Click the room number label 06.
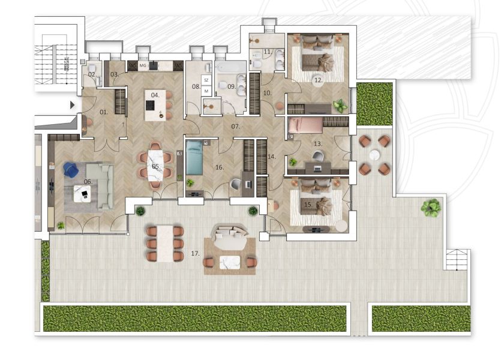[88, 182]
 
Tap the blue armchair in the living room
[71, 169]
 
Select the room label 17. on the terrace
[195, 254]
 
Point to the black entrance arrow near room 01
[73, 105]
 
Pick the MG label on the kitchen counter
[143, 65]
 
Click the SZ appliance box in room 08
[206, 80]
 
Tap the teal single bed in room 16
[194, 157]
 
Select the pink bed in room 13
[305, 125]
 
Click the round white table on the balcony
[374, 155]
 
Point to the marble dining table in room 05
[155, 166]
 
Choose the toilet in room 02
[92, 68]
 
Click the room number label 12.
[318, 80]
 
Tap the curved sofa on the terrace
[230, 236]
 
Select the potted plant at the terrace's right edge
[431, 208]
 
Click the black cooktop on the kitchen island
[151, 105]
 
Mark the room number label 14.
[272, 157]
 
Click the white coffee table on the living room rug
[82, 194]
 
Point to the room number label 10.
[267, 93]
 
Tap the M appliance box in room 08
[206, 91]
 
